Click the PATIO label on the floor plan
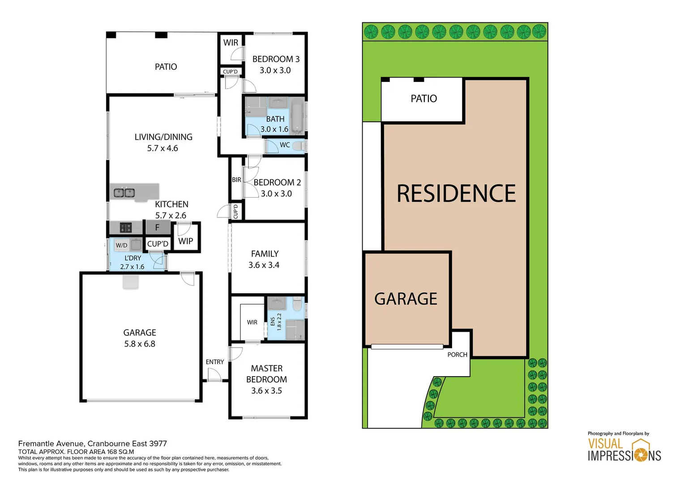(166, 67)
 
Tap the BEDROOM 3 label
(276, 59)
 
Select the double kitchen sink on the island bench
(124, 193)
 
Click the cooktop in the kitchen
(126, 228)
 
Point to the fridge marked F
(157, 228)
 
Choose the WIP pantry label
(185, 241)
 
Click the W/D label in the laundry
(121, 245)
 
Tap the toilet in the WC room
(299, 146)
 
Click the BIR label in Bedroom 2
(236, 180)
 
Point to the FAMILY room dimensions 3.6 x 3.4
(264, 265)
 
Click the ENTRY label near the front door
(214, 362)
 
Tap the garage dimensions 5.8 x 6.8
(140, 344)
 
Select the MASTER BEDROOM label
(267, 374)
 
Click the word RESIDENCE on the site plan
(456, 194)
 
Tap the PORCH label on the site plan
(457, 355)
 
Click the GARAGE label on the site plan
(406, 299)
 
